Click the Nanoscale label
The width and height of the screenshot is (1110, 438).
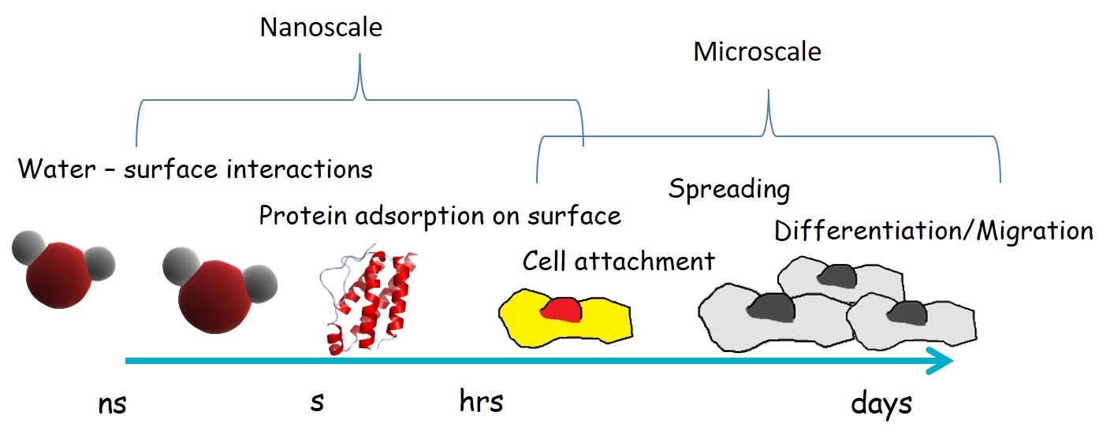(321, 28)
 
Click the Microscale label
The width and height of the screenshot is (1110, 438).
(757, 52)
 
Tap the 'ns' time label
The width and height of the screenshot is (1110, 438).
(112, 404)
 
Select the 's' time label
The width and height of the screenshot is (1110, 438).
(317, 402)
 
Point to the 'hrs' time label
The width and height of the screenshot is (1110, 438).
(481, 402)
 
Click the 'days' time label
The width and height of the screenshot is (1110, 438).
(881, 404)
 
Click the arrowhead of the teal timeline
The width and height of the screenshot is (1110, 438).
(942, 362)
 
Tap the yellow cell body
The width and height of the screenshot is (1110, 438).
(607, 323)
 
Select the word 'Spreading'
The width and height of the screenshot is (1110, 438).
(729, 189)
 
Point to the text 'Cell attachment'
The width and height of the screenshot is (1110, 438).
(618, 261)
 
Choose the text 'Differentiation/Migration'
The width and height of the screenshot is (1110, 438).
(933, 231)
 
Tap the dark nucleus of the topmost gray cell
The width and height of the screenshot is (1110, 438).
(835, 275)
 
